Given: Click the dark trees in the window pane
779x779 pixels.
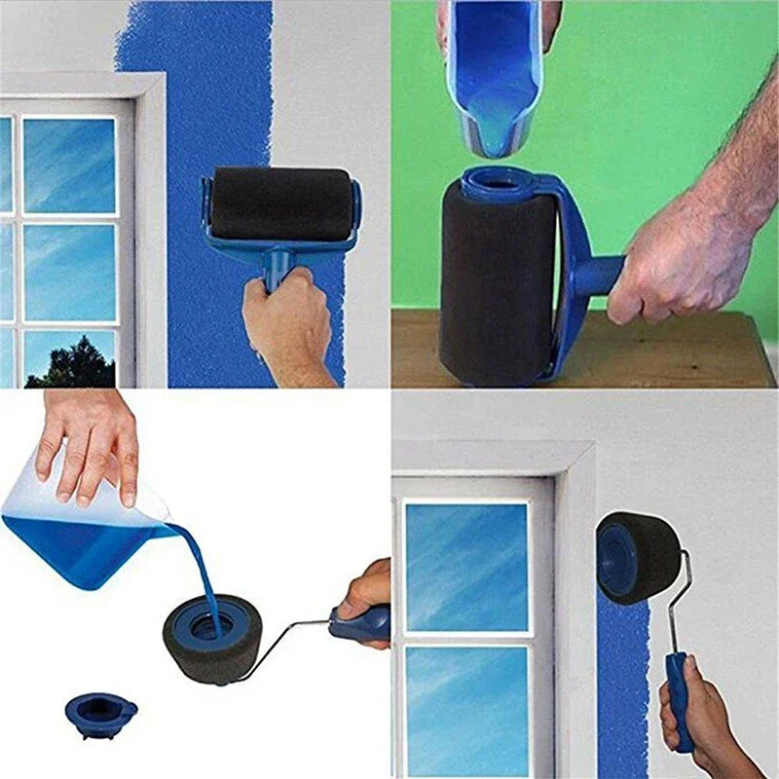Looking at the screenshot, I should coord(69,361).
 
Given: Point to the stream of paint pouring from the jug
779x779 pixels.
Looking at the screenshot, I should coord(204,575).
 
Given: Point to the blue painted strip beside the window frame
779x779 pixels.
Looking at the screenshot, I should coord(622,682).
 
